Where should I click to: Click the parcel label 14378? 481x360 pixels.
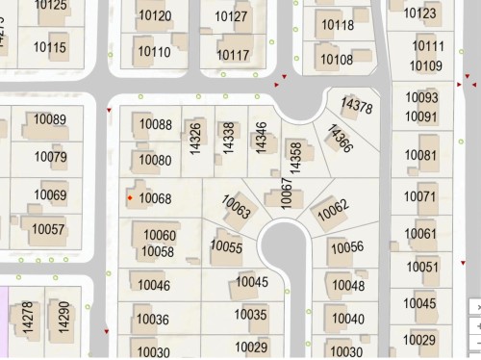pos(357,107)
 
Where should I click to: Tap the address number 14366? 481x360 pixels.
pos(340,139)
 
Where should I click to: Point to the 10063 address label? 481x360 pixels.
pos(237,207)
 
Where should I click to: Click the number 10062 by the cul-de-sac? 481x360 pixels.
pos(332,208)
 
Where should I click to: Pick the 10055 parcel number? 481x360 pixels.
pos(226,246)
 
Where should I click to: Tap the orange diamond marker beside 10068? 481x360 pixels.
pos(130,198)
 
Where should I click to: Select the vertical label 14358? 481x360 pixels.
pos(296,157)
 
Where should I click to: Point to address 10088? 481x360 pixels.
pos(156,125)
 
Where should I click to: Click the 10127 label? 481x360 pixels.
pos(231,16)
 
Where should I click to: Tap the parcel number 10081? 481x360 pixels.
pos(420,155)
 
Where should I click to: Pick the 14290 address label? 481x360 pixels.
pos(63,318)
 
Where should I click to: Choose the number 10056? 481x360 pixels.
pos(346,247)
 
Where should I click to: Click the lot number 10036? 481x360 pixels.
pos(153,320)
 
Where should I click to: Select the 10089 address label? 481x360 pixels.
pos(50,119)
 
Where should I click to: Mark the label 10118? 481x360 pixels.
pos(337,25)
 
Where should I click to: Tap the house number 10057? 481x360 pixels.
pos(48,230)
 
